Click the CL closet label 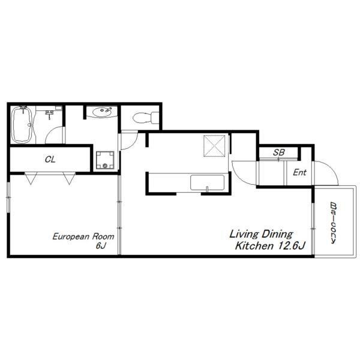[50, 159]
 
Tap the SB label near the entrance [279, 152]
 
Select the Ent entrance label [299, 172]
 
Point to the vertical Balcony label [334, 222]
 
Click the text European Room [83, 236]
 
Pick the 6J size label [101, 245]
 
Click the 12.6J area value [292, 245]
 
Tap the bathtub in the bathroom [22, 125]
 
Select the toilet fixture [146, 118]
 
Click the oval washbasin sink [103, 112]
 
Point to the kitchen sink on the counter [208, 182]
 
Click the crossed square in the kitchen [214, 146]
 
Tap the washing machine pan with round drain [105, 160]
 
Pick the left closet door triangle [31, 178]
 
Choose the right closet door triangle [69, 178]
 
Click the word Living [244, 234]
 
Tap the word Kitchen [254, 245]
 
